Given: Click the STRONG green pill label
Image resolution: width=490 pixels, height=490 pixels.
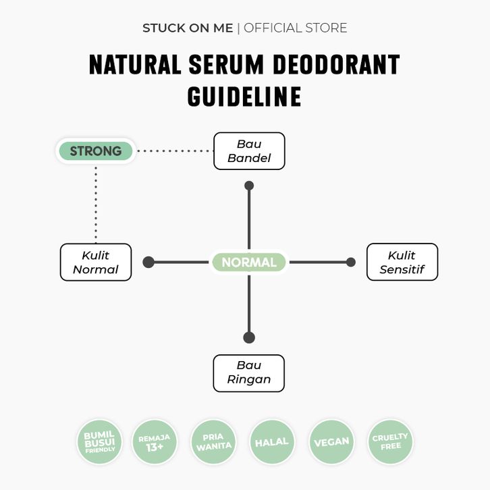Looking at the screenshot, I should coord(95,151).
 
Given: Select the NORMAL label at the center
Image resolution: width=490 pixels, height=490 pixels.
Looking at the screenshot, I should coord(248,263).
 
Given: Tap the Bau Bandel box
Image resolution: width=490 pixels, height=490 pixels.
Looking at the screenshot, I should coord(249,151).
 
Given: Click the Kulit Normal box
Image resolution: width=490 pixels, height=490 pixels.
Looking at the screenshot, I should coord(96,263).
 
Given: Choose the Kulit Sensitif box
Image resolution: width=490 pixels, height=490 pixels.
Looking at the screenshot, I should coord(402,263).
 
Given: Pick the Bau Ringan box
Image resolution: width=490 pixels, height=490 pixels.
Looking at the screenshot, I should coord(249,373).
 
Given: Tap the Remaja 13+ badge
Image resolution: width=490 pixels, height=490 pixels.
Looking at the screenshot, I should coord(155,442).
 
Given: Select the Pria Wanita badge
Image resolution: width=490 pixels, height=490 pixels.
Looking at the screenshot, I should coord(213,442).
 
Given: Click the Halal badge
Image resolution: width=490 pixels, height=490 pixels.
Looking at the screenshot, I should coord(272,442).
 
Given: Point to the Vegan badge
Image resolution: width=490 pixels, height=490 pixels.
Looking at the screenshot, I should coord(331,442).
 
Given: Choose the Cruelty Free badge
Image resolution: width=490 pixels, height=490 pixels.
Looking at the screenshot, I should coord(390,442).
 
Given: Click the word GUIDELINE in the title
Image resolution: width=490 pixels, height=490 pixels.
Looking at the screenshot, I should coord(244,97).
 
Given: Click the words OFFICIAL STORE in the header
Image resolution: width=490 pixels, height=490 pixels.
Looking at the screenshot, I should coord(296,28).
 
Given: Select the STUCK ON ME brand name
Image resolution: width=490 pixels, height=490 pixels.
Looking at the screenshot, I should coord(188,28).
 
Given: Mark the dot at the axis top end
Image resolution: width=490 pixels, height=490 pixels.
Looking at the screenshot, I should coord(249,185).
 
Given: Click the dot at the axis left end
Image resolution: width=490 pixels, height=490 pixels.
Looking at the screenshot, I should coord(148,263).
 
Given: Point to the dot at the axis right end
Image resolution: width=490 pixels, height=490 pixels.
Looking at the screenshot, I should coord(350,263).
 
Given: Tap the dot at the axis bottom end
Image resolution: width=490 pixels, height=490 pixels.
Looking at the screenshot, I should coord(249,337).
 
